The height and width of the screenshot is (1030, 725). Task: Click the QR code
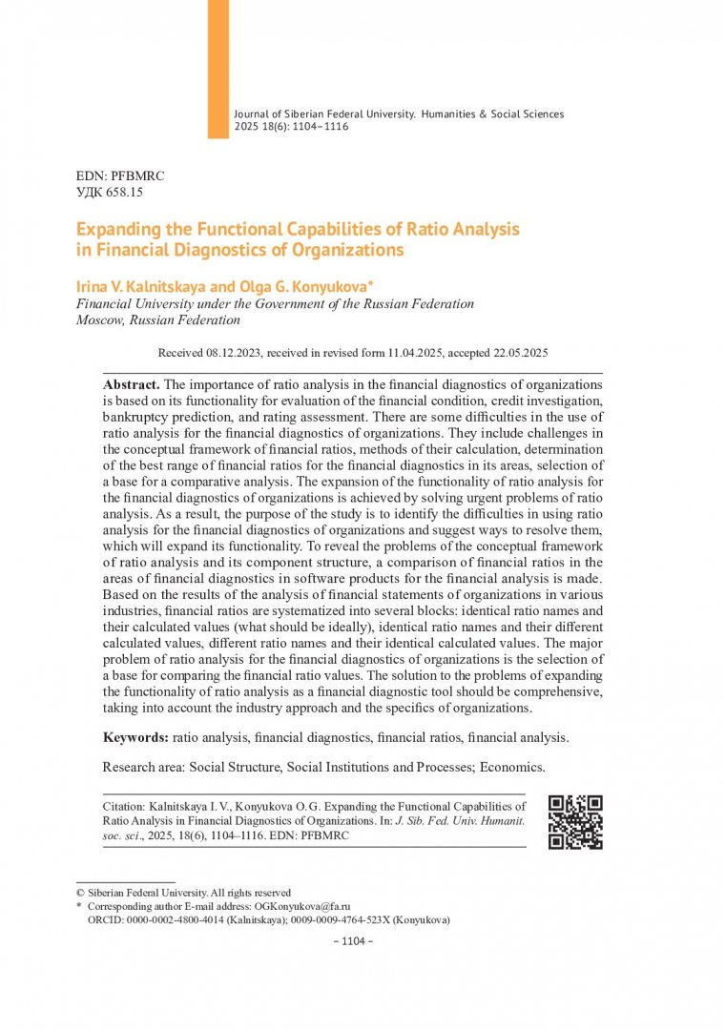click(575, 821)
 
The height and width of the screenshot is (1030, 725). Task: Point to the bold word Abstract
click(132, 382)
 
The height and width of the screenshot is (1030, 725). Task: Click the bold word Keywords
click(135, 737)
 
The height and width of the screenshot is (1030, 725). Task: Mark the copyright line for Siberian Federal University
click(183, 893)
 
